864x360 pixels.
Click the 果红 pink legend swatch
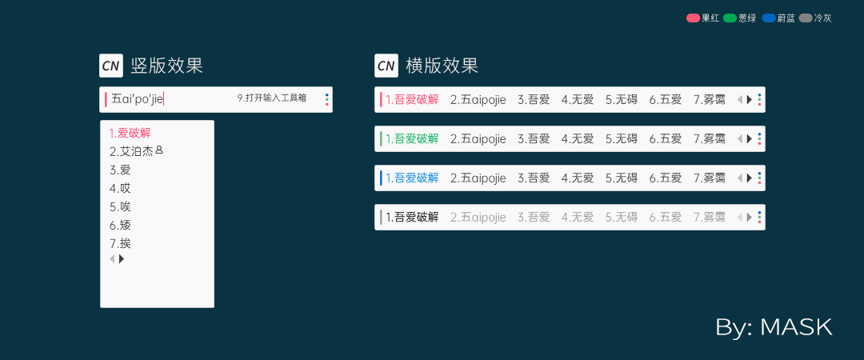693,18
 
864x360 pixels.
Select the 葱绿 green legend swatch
730,18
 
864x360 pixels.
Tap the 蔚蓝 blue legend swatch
769,18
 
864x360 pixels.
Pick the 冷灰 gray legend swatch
806,18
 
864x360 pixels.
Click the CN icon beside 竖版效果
110,66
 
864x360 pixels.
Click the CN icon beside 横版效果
386,66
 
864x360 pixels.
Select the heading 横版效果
442,66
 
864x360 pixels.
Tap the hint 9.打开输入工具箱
272,98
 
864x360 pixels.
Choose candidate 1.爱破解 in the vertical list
130,133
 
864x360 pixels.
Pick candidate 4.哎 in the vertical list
120,189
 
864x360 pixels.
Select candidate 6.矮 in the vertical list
120,225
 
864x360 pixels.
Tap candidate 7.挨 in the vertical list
120,243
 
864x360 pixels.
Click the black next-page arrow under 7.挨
122,258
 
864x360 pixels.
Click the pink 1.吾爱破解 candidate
412,100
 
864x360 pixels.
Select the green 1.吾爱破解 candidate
412,139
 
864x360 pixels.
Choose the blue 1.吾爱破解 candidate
412,178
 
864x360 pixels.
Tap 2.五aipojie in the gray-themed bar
478,218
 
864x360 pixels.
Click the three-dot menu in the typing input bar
326,99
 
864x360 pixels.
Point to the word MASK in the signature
796,327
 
